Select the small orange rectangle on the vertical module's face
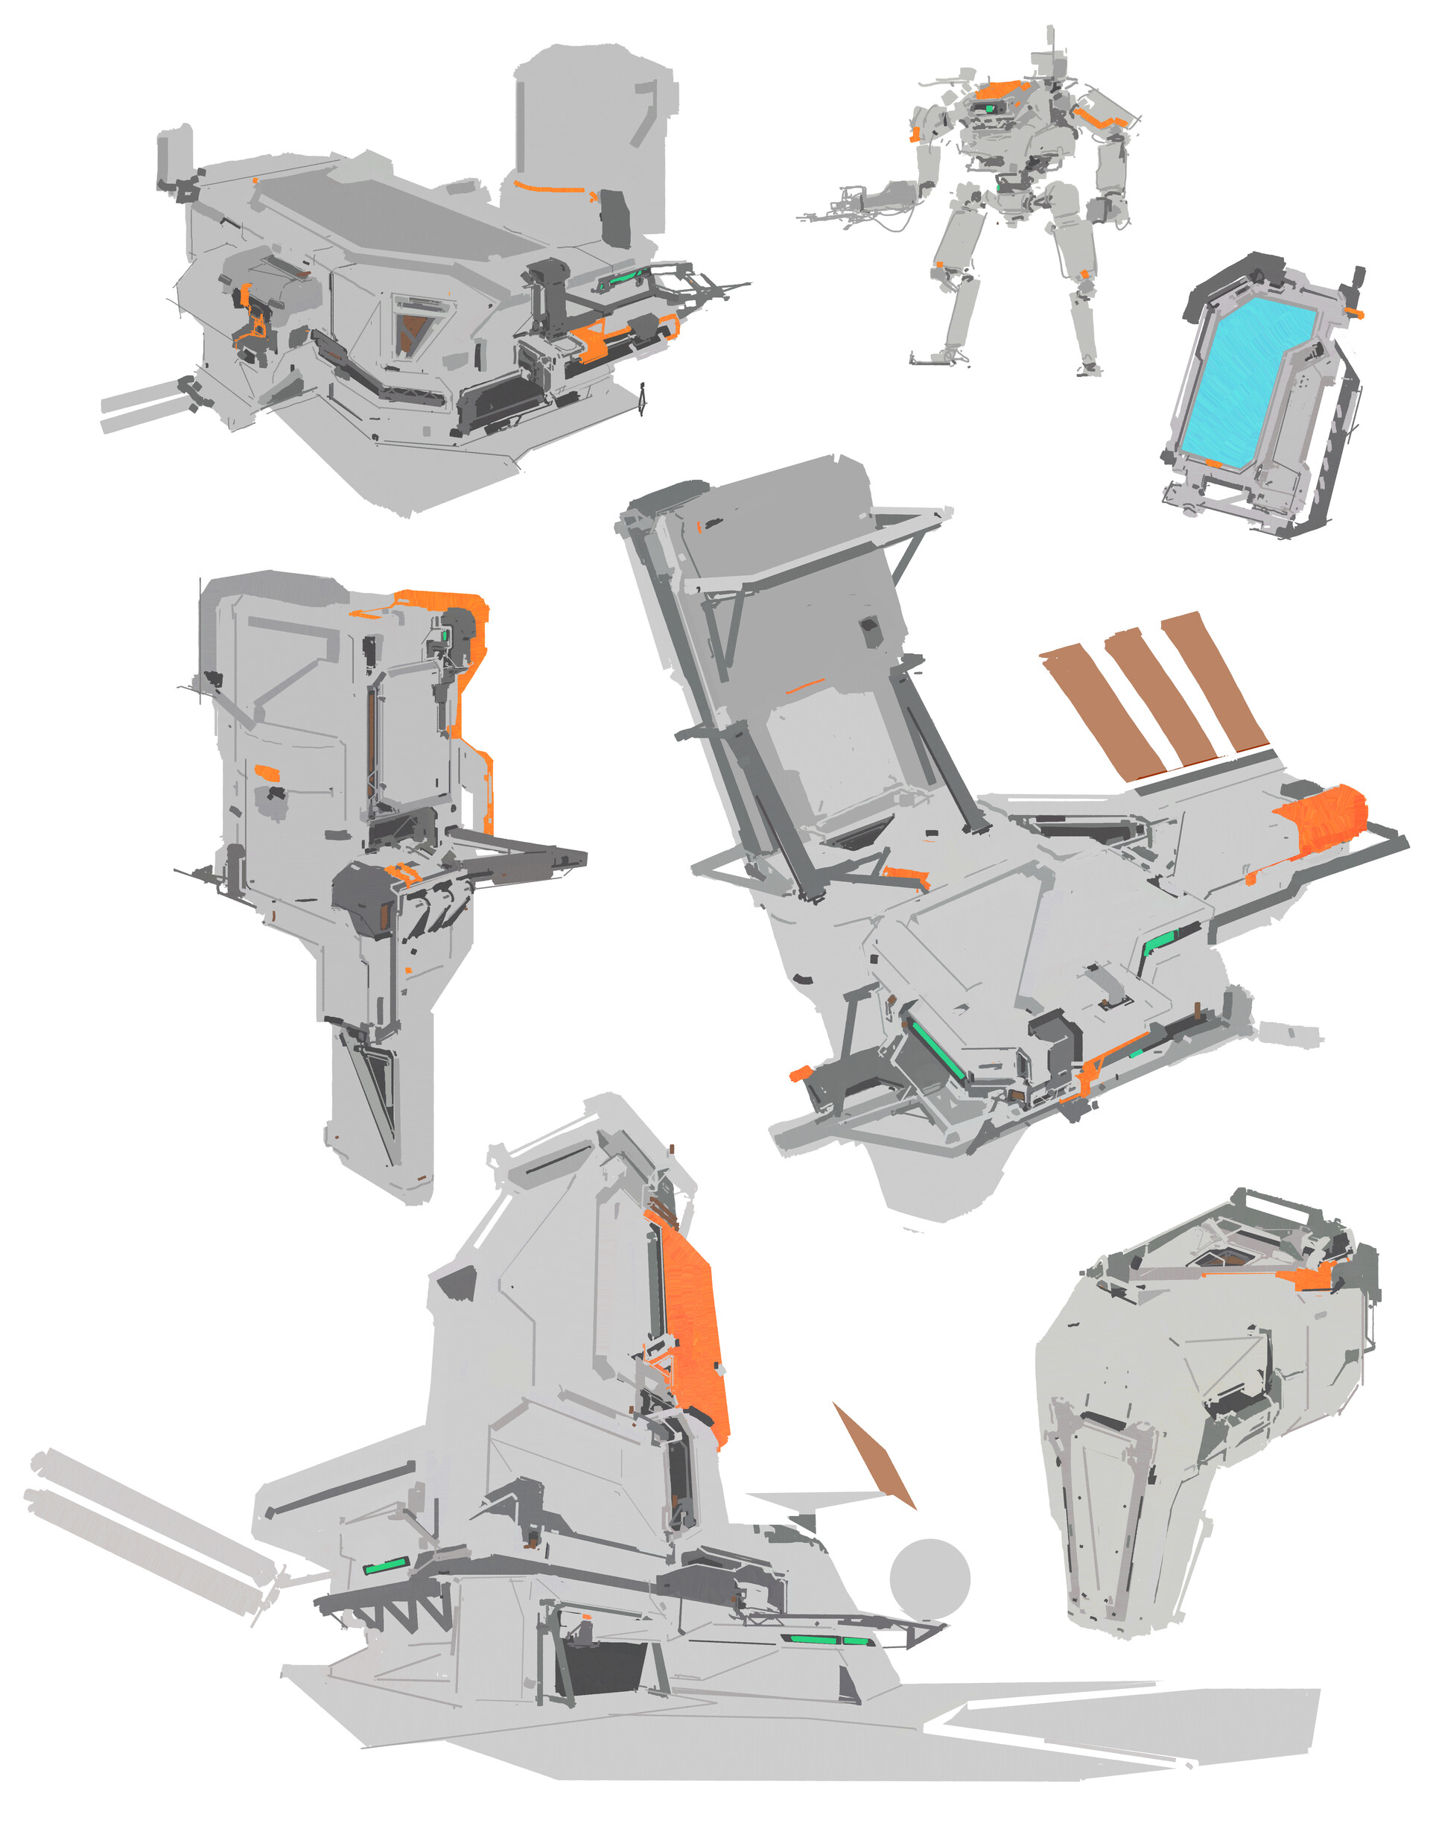(x=267, y=772)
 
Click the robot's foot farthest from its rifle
(x=1089, y=367)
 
